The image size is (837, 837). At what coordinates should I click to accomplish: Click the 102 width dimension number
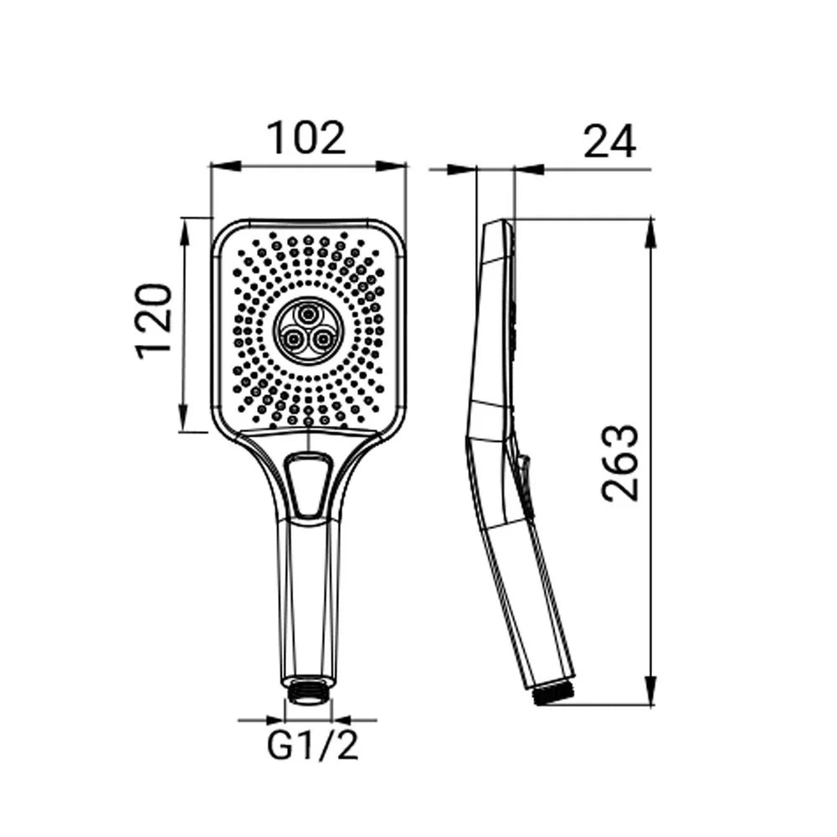(306, 139)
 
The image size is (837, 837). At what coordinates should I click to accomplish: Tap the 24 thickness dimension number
(609, 141)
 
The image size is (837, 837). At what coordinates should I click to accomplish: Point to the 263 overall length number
(620, 464)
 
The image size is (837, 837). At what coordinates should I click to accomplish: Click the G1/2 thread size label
(312, 745)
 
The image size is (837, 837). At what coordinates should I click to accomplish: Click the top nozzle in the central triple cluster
(308, 315)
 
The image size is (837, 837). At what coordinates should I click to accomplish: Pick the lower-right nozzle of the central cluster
(322, 338)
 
